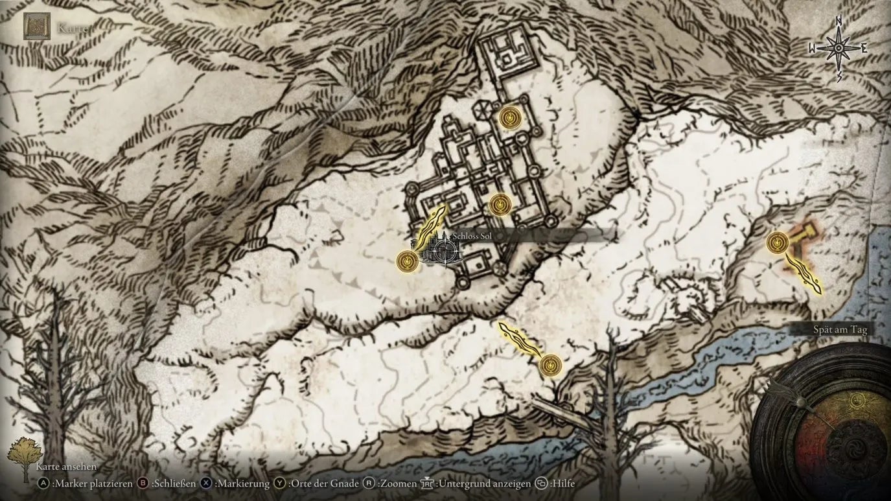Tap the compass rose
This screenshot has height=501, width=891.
(838, 49)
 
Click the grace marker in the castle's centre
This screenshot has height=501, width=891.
(500, 205)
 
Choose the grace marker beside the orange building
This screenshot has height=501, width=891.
(777, 243)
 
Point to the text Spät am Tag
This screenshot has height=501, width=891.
(840, 329)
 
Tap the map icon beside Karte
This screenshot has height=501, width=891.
(37, 27)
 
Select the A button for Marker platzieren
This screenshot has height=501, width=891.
(43, 483)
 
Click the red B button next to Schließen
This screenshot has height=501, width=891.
(143, 483)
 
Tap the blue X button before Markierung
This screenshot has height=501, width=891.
(206, 483)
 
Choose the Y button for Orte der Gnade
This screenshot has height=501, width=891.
(279, 483)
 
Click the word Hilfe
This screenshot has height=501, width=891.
(562, 483)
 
